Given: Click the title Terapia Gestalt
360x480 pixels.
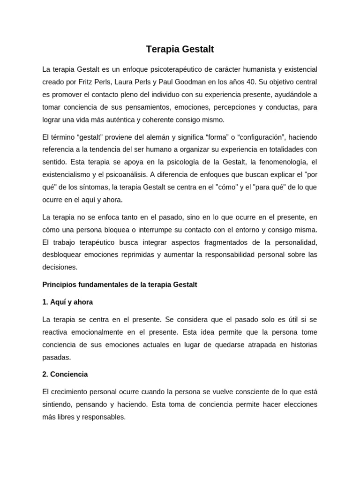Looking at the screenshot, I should [180, 49].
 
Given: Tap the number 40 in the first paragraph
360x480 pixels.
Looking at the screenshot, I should [252, 82].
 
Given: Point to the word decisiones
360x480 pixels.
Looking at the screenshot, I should [60, 267].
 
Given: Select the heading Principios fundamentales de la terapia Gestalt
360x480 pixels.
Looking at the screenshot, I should [120, 285].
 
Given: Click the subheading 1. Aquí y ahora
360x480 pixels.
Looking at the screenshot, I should [67, 302].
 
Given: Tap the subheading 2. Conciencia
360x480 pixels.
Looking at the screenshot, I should [65, 375].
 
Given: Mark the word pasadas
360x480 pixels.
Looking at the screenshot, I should [56, 357].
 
